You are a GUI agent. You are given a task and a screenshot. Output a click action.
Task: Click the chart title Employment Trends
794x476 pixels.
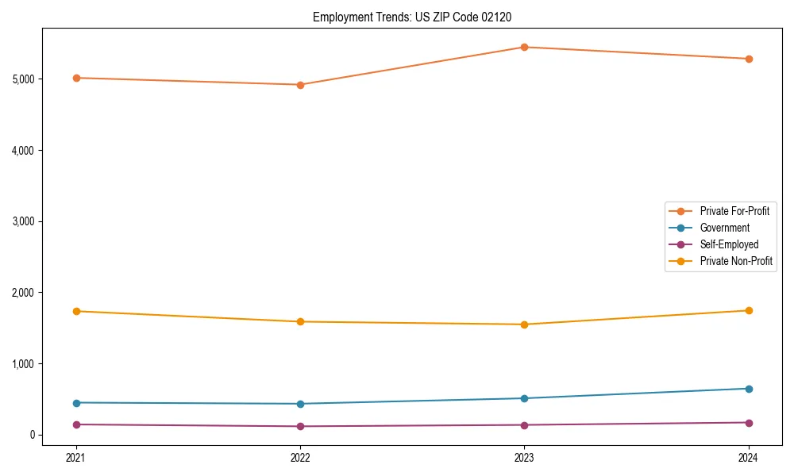418,17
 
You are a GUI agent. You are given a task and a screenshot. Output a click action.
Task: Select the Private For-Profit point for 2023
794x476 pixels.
524,47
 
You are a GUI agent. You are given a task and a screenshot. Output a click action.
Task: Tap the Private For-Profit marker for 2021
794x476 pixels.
76,78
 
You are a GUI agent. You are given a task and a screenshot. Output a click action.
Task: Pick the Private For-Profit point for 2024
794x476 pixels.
749,59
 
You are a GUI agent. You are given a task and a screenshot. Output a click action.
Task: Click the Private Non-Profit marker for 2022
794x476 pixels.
300,321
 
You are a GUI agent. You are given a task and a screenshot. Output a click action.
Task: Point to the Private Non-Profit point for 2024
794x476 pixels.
749,310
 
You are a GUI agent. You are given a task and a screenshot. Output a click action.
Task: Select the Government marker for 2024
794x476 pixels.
749,389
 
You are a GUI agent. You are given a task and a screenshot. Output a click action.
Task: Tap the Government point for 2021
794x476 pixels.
76,403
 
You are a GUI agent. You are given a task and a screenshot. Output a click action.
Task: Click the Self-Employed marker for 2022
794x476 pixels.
300,426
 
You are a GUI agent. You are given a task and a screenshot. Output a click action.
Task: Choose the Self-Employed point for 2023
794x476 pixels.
524,424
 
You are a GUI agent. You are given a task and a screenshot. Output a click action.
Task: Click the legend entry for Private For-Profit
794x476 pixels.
734,211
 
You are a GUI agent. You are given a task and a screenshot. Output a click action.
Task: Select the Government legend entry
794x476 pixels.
724,228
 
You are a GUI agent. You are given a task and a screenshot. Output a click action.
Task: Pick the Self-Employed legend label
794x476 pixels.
729,244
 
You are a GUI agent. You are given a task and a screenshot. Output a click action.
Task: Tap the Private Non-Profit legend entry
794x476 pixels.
736,261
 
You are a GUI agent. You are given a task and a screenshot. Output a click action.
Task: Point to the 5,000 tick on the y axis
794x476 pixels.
23,79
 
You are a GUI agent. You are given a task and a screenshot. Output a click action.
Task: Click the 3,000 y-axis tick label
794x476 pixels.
23,221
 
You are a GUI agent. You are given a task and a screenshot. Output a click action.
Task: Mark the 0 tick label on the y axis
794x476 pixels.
32,435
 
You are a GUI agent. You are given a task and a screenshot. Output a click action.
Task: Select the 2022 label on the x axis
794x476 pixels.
300,457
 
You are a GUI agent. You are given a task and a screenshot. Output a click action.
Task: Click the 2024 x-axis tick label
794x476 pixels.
749,457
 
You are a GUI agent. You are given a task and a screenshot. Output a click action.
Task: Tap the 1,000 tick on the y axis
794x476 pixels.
23,364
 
